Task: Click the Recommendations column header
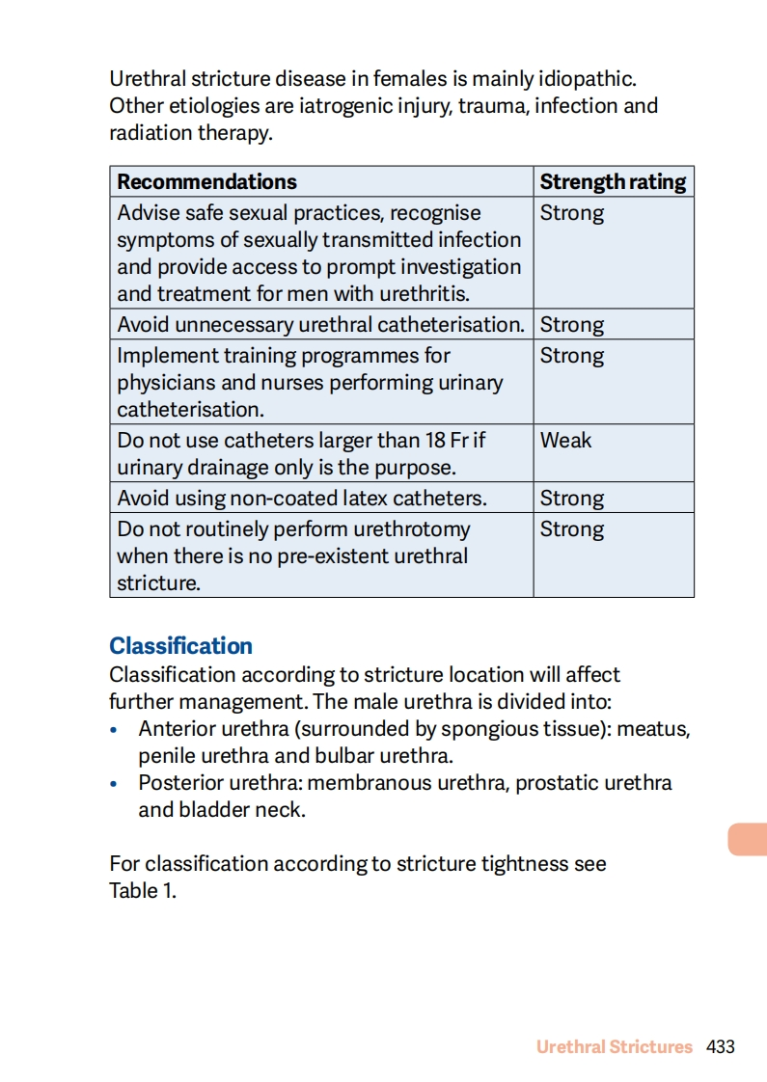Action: [x=206, y=182]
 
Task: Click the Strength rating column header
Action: [x=613, y=182]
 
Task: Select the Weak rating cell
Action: [x=566, y=441]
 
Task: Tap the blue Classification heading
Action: [x=180, y=646]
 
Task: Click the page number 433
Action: [x=721, y=1046]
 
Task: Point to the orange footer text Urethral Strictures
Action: [x=615, y=1046]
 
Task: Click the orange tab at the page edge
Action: [x=748, y=839]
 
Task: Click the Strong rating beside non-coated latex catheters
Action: [x=572, y=499]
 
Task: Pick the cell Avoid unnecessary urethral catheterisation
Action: [x=320, y=325]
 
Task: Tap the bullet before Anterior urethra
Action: [x=115, y=730]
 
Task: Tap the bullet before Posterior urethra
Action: [x=115, y=784]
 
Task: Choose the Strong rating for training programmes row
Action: [x=572, y=356]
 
